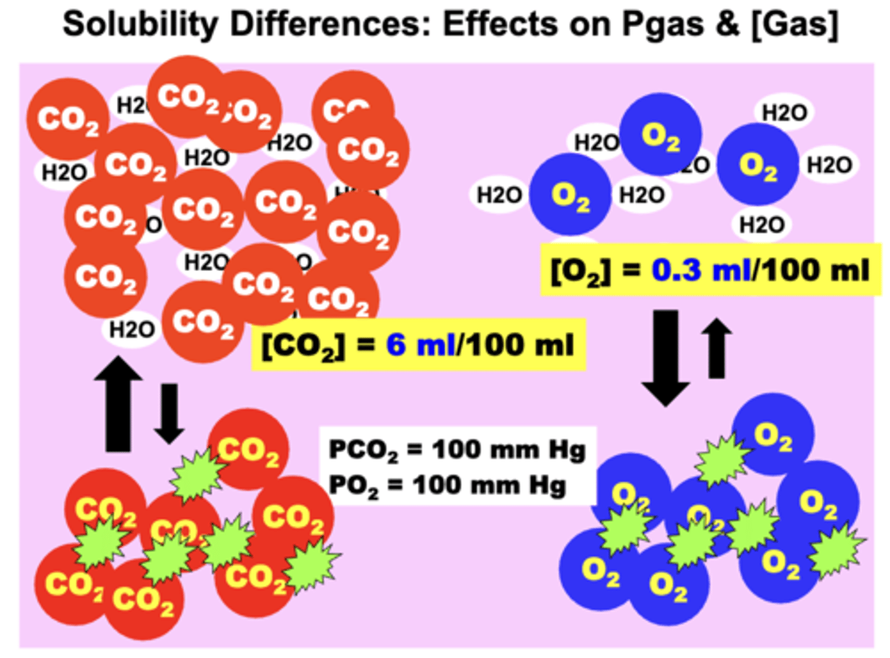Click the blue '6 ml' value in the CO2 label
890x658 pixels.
420,345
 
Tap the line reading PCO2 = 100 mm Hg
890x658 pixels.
457,450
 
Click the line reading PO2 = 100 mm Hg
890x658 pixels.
447,485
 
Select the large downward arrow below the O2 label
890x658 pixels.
666,357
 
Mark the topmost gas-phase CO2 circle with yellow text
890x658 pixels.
248,449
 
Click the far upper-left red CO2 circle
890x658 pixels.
67,119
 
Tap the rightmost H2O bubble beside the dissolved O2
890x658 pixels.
829,165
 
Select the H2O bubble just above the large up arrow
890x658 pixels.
131,330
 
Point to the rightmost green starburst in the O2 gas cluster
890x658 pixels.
837,550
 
